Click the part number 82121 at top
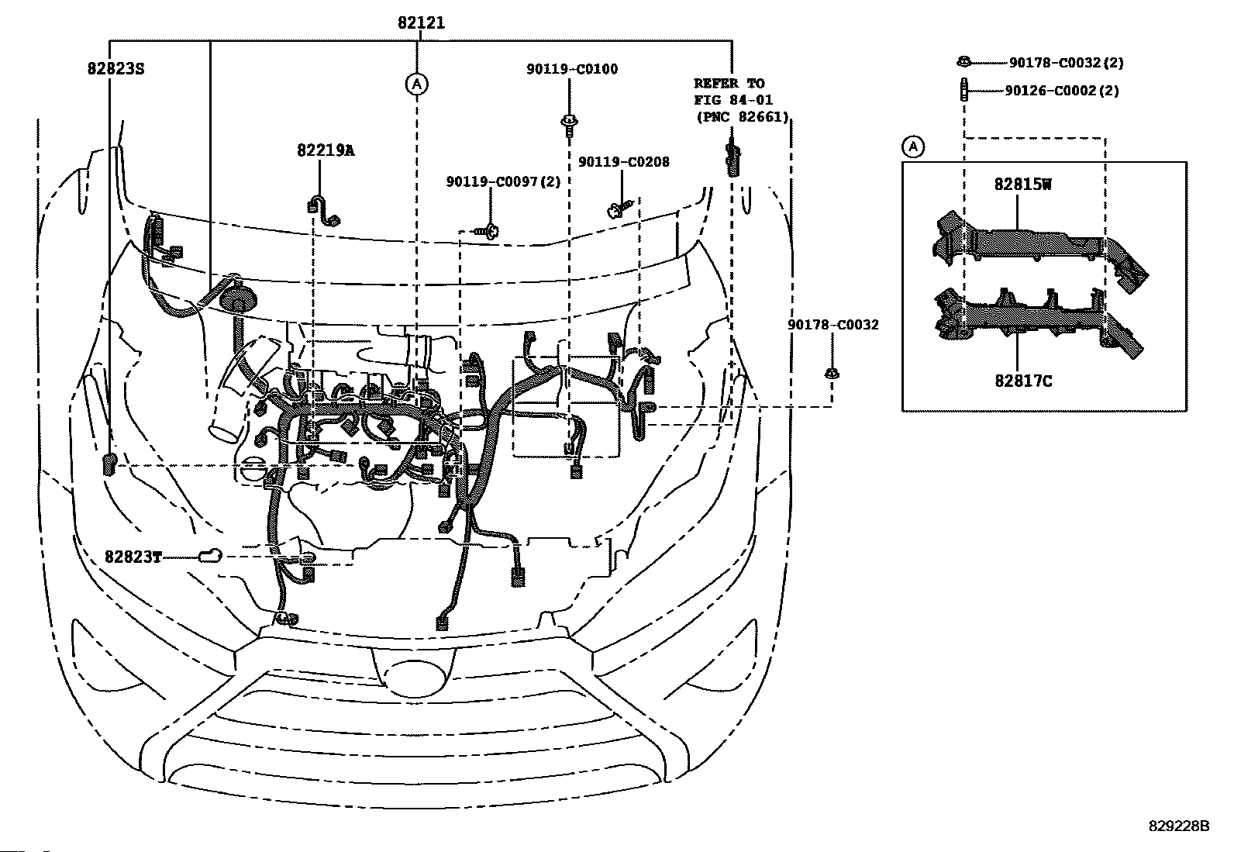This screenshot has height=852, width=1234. coord(421,22)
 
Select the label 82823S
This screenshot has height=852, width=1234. coord(115,69)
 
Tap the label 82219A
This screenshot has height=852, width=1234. coord(326,150)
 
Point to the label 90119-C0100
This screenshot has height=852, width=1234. coord(572,70)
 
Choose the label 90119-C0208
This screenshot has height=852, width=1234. coord(624,162)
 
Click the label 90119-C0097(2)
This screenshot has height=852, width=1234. coord(503,182)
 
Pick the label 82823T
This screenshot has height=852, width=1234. coord(133,557)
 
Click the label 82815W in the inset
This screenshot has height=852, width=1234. coord(1022,185)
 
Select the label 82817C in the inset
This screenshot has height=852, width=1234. coord(1023,381)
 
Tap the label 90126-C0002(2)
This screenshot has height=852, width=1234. coord(1062,91)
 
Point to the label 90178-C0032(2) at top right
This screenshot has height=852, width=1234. coord(1066,63)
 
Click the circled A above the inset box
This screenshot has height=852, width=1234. coord(913,147)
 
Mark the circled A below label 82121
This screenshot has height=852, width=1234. coord(416,85)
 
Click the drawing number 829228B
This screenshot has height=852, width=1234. coord(1179,826)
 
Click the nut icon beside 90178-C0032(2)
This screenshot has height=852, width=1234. coord(963,61)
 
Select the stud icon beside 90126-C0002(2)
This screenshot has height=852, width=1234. coord(963,90)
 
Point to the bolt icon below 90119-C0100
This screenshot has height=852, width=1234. coord(569,125)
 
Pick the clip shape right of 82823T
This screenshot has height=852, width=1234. coord(210,556)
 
